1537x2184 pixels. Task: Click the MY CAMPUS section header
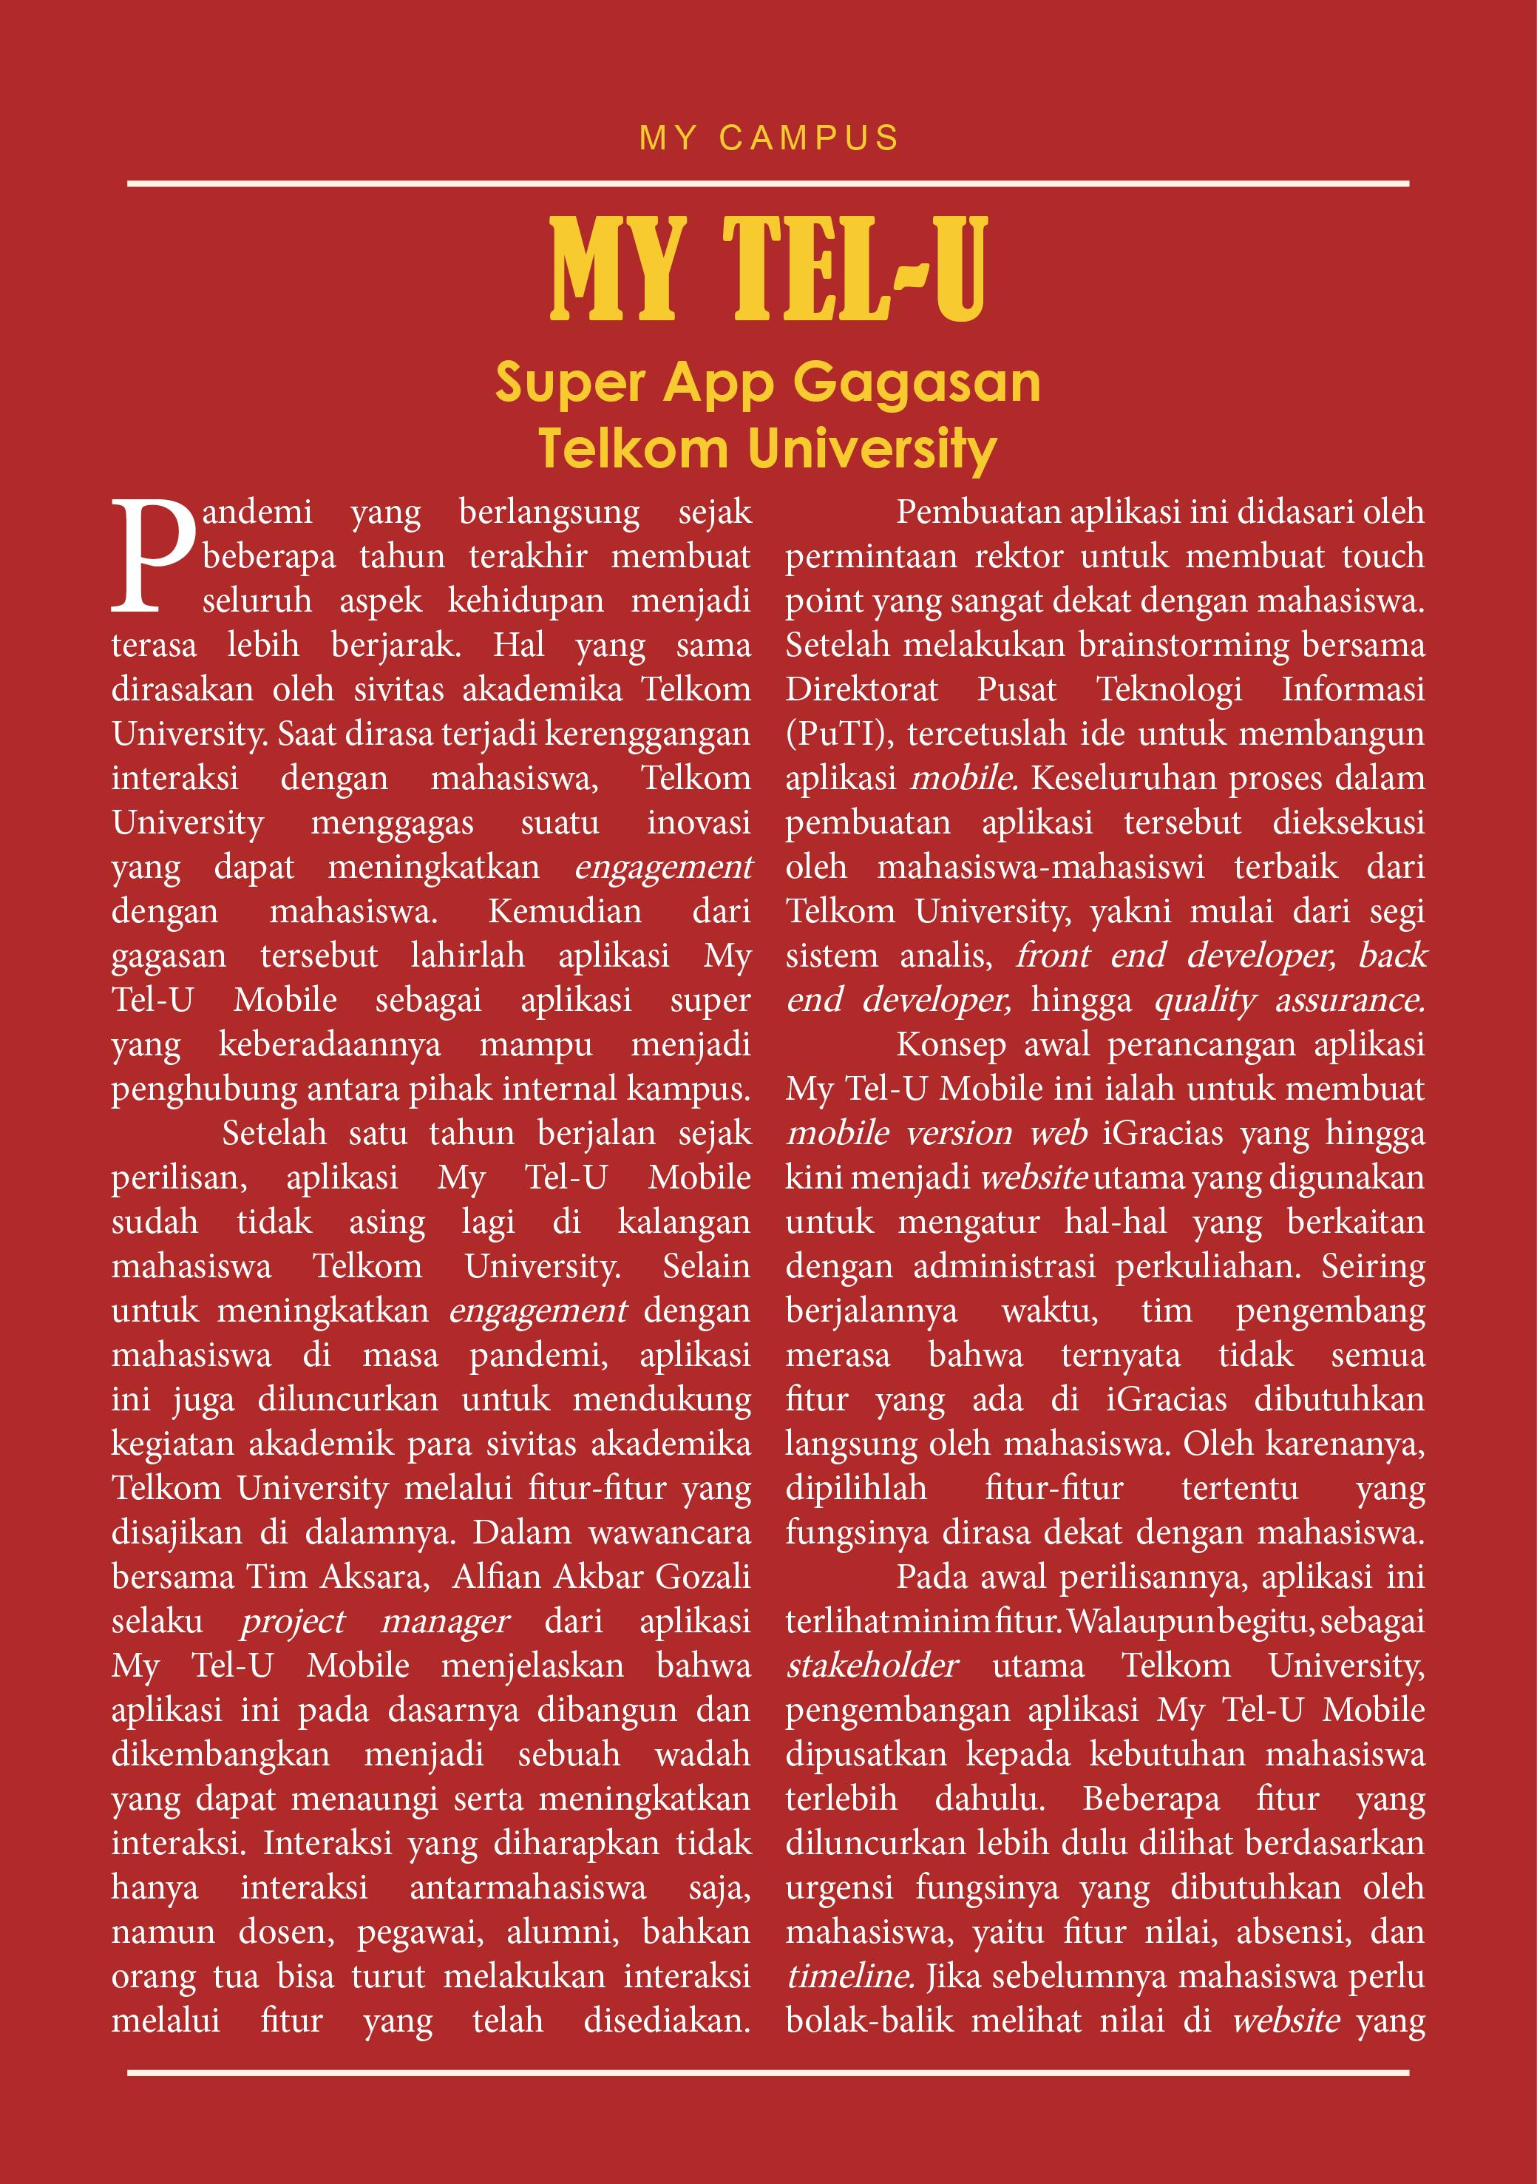click(x=769, y=138)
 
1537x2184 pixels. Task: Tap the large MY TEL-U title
click(x=769, y=268)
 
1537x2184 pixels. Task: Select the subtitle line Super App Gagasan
click(x=769, y=383)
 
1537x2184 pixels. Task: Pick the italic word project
click(x=293, y=1621)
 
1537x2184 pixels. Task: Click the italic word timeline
click(x=849, y=1975)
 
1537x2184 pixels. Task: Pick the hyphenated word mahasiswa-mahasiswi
click(x=1040, y=867)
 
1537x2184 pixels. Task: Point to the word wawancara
click(x=670, y=1532)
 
